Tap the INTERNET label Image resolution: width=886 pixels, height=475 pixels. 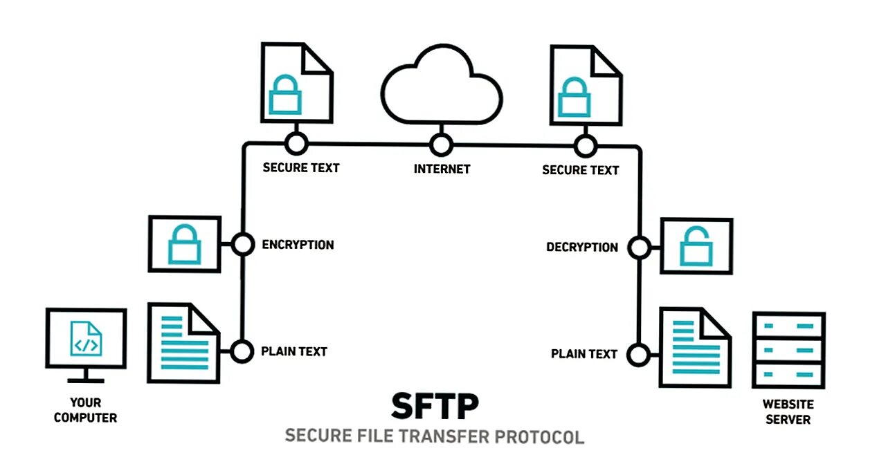[x=442, y=169]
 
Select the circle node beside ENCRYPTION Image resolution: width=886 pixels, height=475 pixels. [x=242, y=244]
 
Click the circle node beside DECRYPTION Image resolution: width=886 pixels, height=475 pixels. [x=638, y=247]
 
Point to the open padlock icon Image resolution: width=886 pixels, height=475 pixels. [x=696, y=246]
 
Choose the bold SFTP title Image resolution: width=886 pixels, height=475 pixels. [x=434, y=407]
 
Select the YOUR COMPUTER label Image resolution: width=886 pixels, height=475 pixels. [x=86, y=410]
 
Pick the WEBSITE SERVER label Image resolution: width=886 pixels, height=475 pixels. [x=788, y=411]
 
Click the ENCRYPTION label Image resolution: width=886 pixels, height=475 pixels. [x=298, y=245]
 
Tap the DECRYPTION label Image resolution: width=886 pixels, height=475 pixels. [x=581, y=247]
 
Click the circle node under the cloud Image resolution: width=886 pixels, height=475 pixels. [x=441, y=145]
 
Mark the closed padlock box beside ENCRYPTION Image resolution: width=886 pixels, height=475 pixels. [x=184, y=243]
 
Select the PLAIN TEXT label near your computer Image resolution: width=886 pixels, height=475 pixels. [x=293, y=351]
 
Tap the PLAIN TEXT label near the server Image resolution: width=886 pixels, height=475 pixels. [x=584, y=354]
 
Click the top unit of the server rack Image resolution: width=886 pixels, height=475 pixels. [x=788, y=325]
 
